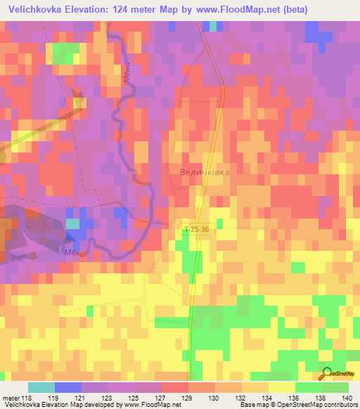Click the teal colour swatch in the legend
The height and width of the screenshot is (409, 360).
[41, 387]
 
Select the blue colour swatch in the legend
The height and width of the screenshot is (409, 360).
[68, 387]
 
